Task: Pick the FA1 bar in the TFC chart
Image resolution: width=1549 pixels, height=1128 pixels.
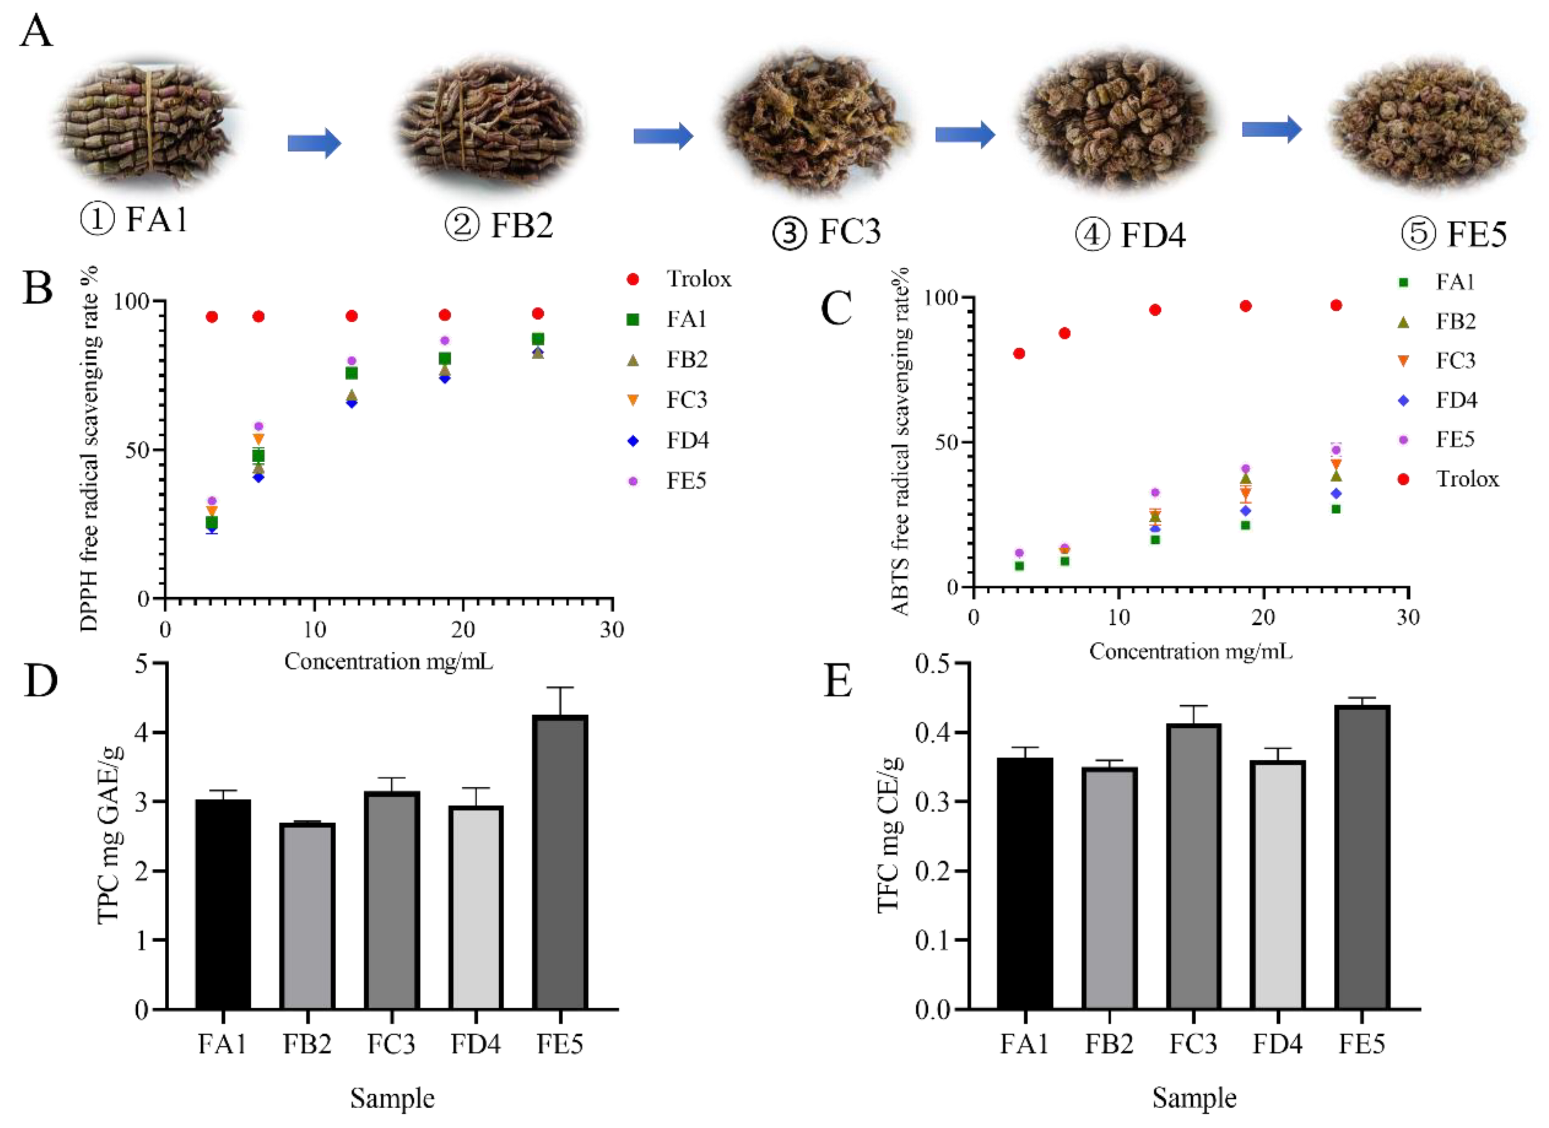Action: coord(1025,884)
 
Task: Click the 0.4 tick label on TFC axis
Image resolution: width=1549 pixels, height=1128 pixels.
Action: coord(933,733)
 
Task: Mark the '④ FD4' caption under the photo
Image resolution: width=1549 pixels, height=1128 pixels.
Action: coord(1130,235)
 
